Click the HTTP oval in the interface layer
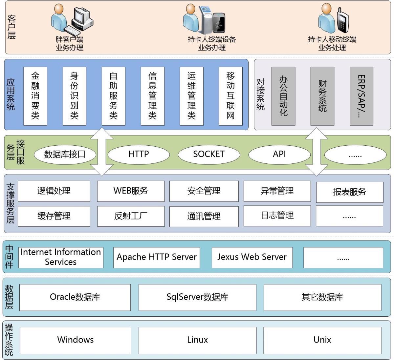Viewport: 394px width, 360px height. pyautogui.click(x=139, y=154)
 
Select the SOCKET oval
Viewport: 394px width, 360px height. pyautogui.click(x=209, y=154)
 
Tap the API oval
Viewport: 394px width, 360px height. pyautogui.click(x=279, y=154)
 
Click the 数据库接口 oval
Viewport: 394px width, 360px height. pyautogui.click(x=65, y=154)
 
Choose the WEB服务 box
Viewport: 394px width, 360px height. pyautogui.click(x=131, y=191)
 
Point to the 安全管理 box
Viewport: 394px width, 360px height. pyautogui.click(x=204, y=191)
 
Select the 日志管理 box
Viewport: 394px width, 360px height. pyautogui.click(x=277, y=216)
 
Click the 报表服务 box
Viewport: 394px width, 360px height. pyautogui.click(x=350, y=192)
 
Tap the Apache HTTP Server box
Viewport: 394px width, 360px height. pyautogui.click(x=157, y=258)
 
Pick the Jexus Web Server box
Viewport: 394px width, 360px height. pyautogui.click(x=252, y=258)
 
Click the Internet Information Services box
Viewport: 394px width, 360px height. pyautogui.click(x=61, y=258)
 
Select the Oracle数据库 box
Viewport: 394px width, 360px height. pyautogui.click(x=75, y=297)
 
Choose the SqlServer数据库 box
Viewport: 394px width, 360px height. pyautogui.click(x=197, y=297)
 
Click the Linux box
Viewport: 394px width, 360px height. pyautogui.click(x=197, y=340)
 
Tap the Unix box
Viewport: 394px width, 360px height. pyautogui.click(x=322, y=340)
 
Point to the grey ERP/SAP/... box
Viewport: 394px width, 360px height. pyautogui.click(x=361, y=96)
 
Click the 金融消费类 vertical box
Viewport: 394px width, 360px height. pyautogui.click(x=35, y=96)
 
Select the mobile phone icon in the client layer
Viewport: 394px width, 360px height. pyautogui.click(x=343, y=20)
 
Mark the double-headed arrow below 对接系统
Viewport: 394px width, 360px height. pyautogui.click(x=317, y=152)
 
